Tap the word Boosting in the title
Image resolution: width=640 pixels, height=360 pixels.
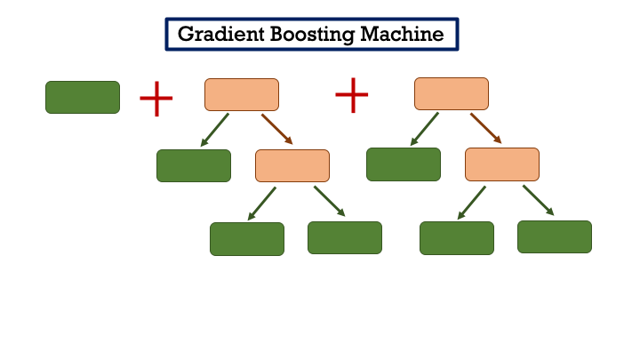coord(303,35)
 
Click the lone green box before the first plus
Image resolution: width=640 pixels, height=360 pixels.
coord(83,98)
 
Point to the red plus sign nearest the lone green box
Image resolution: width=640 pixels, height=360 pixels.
coord(156,99)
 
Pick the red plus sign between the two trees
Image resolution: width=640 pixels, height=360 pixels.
coord(352,95)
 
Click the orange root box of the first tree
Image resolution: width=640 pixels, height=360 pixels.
coord(242,94)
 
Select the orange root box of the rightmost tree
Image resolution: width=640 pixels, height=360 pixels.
coord(452,94)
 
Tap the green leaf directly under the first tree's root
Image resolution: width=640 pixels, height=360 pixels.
coord(194,165)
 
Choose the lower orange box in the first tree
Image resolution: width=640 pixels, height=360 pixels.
coord(292,165)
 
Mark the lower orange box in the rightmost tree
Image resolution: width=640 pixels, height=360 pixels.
coord(502,164)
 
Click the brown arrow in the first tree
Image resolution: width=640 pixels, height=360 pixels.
coord(276,128)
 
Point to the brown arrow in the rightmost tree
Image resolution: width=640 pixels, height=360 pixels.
coord(486,128)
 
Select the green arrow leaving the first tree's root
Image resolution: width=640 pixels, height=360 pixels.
coord(214,129)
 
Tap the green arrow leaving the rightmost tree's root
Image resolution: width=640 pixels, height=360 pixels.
coord(424,129)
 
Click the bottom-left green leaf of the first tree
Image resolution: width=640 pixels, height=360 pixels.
coord(247,239)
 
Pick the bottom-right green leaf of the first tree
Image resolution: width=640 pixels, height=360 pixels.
coord(345,237)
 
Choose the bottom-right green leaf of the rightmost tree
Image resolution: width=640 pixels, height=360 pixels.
coord(555,236)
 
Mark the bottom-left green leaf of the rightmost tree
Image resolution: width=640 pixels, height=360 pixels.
coord(457,238)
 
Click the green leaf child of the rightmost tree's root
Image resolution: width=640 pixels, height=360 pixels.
coord(404,164)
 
